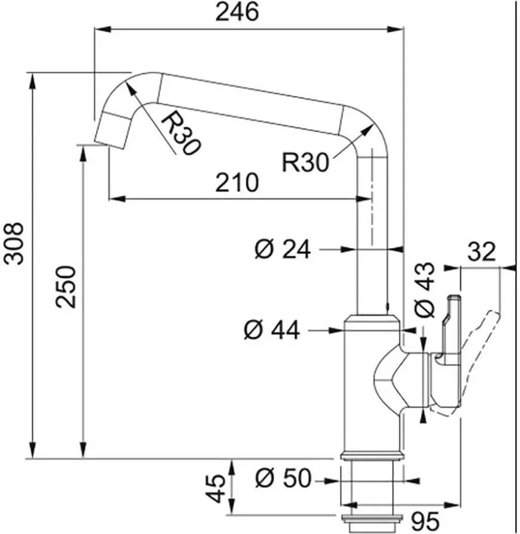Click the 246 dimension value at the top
(237, 12)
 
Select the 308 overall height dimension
(14, 244)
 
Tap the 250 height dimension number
(66, 287)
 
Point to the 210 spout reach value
(237, 182)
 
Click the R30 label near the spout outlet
(180, 133)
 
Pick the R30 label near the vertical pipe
(306, 163)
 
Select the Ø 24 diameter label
(283, 249)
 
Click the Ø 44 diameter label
(272, 330)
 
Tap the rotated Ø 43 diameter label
(425, 290)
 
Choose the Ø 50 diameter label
(283, 478)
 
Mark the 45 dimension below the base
(216, 489)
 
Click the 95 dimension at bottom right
(425, 521)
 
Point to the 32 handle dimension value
(481, 252)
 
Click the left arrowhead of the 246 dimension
(103, 29)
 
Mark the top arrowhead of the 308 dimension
(32, 82)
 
